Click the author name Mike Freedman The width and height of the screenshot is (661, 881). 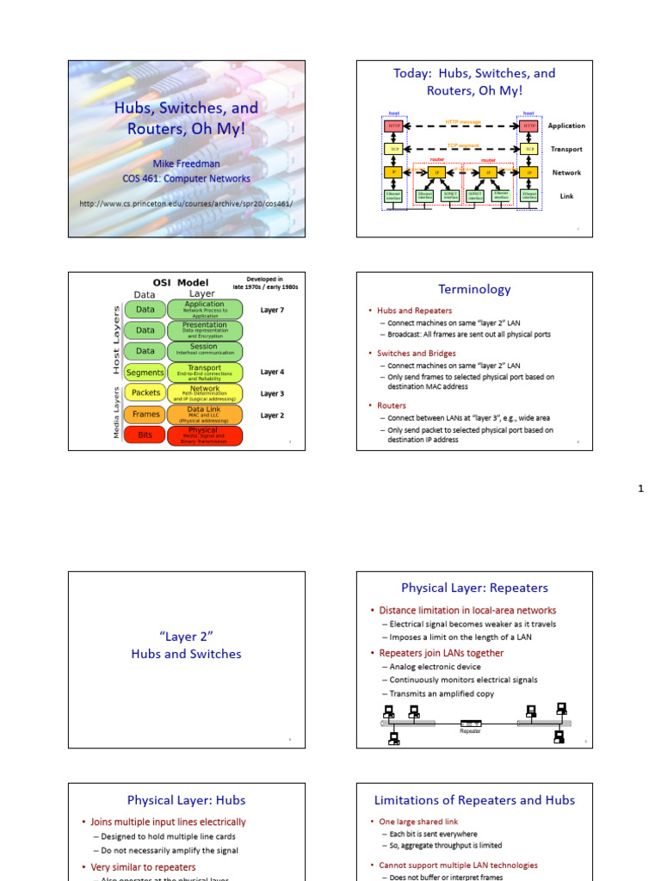coord(186,163)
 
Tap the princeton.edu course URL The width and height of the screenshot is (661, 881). coord(186,203)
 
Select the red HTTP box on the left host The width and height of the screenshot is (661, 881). coord(393,126)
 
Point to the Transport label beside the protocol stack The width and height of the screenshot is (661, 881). coord(566,149)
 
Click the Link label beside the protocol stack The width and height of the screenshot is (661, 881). coord(566,196)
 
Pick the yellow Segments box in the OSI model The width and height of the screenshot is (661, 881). coord(145,373)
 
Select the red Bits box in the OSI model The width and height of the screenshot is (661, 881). coord(145,435)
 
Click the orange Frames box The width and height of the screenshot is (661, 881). coord(145,415)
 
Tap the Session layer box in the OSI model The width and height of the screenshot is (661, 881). coord(204,351)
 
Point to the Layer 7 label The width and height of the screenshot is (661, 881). coord(272,310)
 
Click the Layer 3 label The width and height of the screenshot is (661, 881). coord(272,393)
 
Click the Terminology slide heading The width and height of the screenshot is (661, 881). coord(474,289)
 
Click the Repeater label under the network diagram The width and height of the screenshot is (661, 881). coord(470,731)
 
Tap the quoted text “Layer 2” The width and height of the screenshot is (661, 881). coord(186,635)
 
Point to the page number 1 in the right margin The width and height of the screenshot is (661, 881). coord(640,489)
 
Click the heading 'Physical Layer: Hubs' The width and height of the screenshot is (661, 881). coord(186,800)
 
